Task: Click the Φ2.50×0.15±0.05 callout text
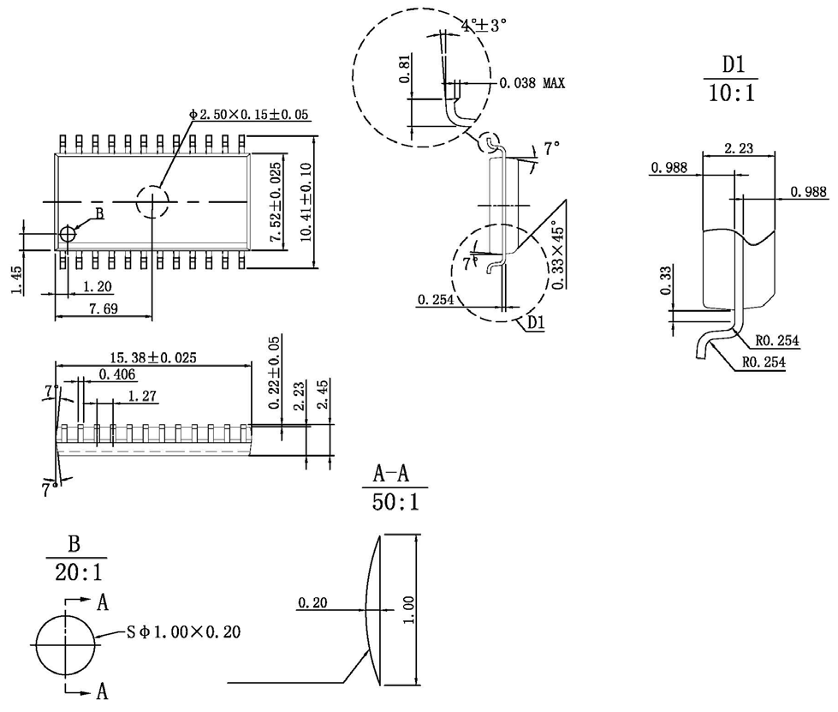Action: [248, 114]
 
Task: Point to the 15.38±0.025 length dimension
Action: [153, 357]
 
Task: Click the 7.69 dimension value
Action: [103, 308]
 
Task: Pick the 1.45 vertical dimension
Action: [17, 279]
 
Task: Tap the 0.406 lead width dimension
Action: [117, 374]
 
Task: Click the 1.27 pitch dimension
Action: [142, 396]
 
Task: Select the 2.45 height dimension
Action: [322, 398]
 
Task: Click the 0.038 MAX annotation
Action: [532, 83]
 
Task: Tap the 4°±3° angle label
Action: [484, 26]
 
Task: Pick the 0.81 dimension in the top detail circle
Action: [405, 69]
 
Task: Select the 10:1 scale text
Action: [731, 93]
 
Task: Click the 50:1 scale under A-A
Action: [395, 501]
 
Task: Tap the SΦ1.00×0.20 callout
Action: [183, 632]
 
